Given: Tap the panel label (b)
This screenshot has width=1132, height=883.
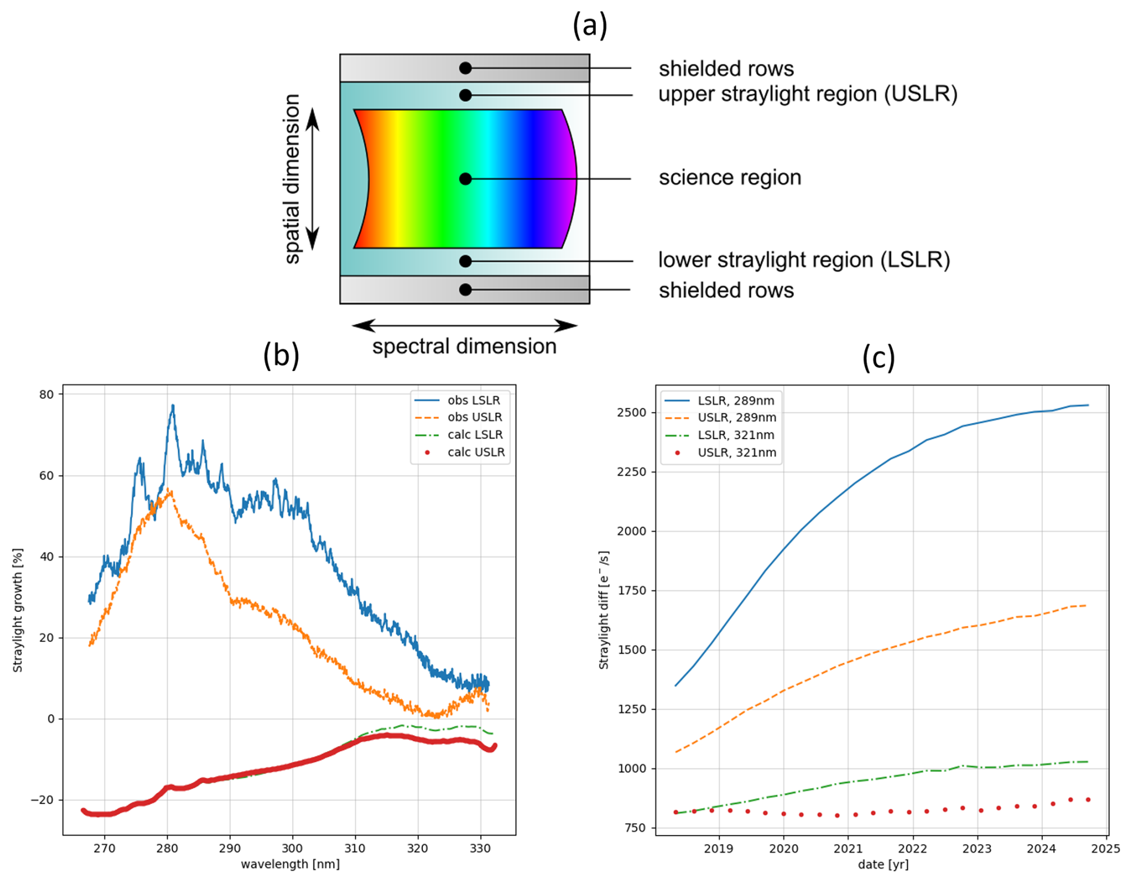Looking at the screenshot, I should click(x=281, y=355).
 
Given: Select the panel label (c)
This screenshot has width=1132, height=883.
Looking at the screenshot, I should click(x=878, y=357).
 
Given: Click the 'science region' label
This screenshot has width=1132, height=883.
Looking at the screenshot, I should click(x=729, y=178).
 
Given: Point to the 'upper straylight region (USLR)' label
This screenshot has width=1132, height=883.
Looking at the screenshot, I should click(x=808, y=94).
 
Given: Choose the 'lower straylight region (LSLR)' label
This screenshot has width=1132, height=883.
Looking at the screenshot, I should click(x=804, y=260).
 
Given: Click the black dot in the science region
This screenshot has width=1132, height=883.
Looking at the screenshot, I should click(x=465, y=179).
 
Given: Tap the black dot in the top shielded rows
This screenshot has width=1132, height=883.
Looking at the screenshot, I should click(x=465, y=68).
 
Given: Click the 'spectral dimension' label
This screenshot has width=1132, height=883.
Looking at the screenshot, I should click(x=464, y=346).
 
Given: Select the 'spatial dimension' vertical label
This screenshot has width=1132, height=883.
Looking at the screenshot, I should click(x=291, y=179).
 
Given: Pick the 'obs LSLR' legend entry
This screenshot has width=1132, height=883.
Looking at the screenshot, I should click(x=473, y=400).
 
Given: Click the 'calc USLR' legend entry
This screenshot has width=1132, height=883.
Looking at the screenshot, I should click(x=476, y=452).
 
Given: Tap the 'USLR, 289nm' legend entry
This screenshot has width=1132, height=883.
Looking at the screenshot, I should click(x=737, y=418).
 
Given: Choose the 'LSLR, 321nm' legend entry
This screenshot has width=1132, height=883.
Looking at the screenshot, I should click(x=735, y=435).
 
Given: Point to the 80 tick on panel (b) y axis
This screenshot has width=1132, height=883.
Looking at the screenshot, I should click(x=47, y=394).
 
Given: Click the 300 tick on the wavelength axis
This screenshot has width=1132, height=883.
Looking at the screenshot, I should click(x=292, y=848).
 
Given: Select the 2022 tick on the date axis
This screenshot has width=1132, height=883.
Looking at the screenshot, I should click(x=912, y=848).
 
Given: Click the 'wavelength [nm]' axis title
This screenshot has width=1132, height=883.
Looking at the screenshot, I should click(x=290, y=864).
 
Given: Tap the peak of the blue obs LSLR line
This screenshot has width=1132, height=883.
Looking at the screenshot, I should click(x=173, y=406).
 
